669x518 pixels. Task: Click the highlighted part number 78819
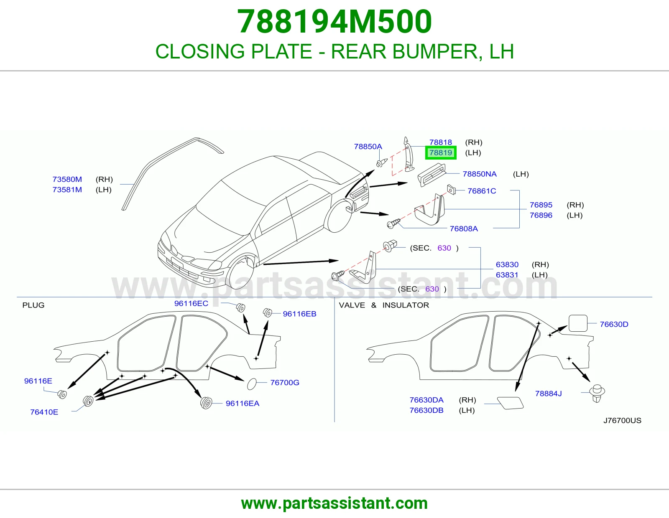(441, 152)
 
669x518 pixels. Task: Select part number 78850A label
(368, 146)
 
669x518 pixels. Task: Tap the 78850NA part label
(480, 174)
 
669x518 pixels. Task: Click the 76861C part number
(482, 191)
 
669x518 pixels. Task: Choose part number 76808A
(464, 229)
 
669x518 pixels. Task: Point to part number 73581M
(67, 190)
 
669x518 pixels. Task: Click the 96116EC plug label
(191, 303)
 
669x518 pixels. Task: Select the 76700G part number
(285, 382)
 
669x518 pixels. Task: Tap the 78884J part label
(548, 394)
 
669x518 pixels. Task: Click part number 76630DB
(426, 410)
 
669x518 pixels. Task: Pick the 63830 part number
(507, 264)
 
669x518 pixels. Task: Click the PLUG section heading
(33, 305)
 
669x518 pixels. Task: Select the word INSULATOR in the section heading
(406, 305)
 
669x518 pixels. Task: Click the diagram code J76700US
(622, 421)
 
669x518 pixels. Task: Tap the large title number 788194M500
(334, 22)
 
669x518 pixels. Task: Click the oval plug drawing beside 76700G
(252, 384)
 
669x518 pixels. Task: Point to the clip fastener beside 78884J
(597, 393)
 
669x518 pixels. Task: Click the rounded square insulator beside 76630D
(578, 323)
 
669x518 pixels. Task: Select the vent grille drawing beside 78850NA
(432, 175)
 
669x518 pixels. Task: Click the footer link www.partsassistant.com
(334, 503)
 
